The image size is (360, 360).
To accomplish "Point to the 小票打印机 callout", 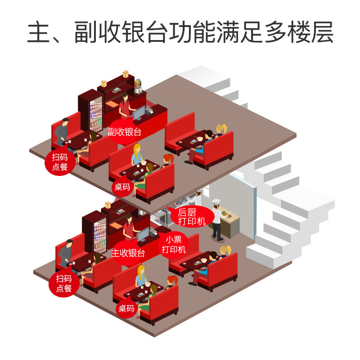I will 173,244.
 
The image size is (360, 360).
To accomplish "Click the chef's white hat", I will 216,203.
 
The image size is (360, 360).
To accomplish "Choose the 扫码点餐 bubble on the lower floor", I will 64,283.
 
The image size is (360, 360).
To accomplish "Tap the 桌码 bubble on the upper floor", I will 122,187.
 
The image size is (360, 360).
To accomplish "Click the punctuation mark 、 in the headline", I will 61,38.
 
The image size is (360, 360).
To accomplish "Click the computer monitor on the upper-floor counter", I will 138,112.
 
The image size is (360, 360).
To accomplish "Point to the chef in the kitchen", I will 217,220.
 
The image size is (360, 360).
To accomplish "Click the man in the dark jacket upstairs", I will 62,132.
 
